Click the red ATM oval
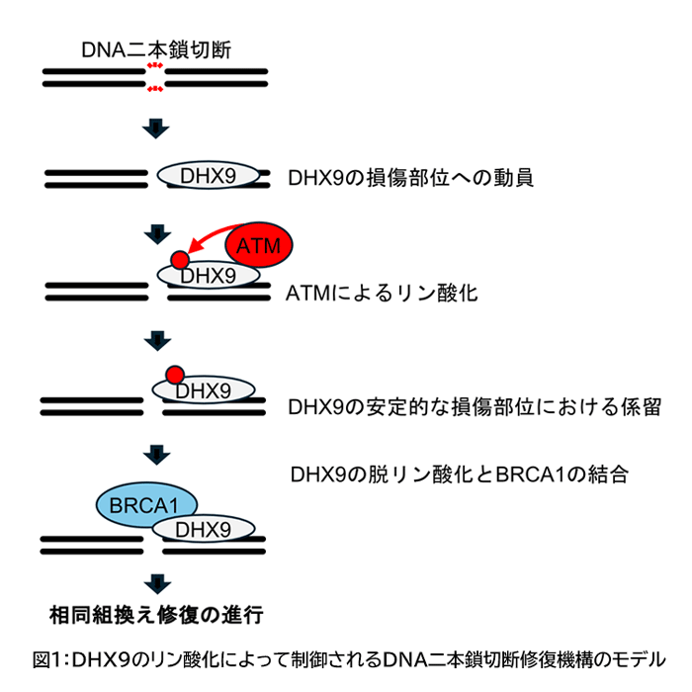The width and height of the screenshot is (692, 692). tap(260, 243)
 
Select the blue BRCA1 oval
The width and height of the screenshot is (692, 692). tap(145, 506)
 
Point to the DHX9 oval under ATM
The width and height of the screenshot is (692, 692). tap(212, 276)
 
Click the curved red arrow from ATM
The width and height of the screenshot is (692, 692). tap(209, 238)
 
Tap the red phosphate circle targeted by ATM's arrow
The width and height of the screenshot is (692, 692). tap(178, 260)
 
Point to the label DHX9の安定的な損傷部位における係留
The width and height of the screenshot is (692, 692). tap(474, 405)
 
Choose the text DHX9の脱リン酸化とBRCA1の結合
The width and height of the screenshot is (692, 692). tap(459, 473)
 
